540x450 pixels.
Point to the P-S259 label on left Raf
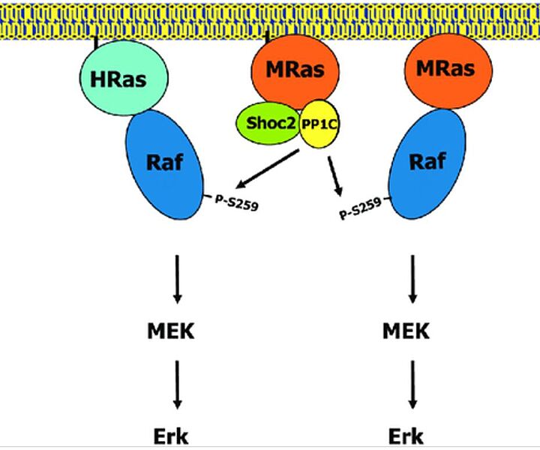coord(235,202)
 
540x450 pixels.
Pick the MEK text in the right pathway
coord(406,331)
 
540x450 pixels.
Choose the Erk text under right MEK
coord(406,436)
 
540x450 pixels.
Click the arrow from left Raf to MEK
coord(177,278)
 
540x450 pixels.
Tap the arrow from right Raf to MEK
coord(412,278)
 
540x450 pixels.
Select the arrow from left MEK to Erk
coord(177,382)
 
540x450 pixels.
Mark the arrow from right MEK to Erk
coord(412,382)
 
